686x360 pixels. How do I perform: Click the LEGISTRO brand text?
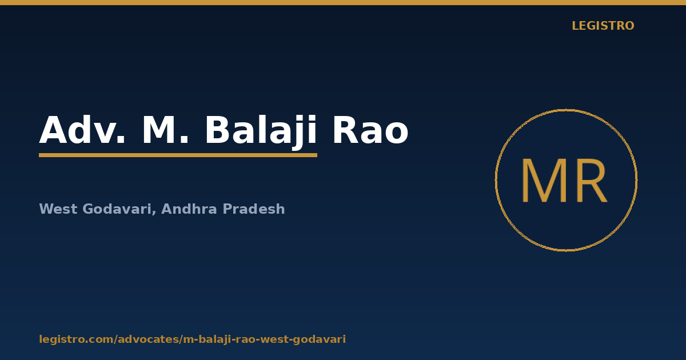pyautogui.click(x=603, y=26)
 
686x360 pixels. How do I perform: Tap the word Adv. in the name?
pyautogui.click(x=82, y=130)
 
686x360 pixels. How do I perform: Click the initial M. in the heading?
pyautogui.click(x=165, y=130)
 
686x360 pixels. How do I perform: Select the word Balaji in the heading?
pyautogui.click(x=261, y=132)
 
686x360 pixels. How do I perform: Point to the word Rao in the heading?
pyautogui.click(x=370, y=130)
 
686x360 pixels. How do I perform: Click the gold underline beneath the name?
pyautogui.click(x=178, y=155)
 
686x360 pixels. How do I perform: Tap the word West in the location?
pyautogui.click(x=58, y=209)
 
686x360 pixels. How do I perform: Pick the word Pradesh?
pyautogui.click(x=254, y=209)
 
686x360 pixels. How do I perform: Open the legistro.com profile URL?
pyautogui.click(x=192, y=339)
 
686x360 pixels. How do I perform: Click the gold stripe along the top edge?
pyautogui.click(x=343, y=2)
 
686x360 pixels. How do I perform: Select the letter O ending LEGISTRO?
pyautogui.click(x=629, y=26)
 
